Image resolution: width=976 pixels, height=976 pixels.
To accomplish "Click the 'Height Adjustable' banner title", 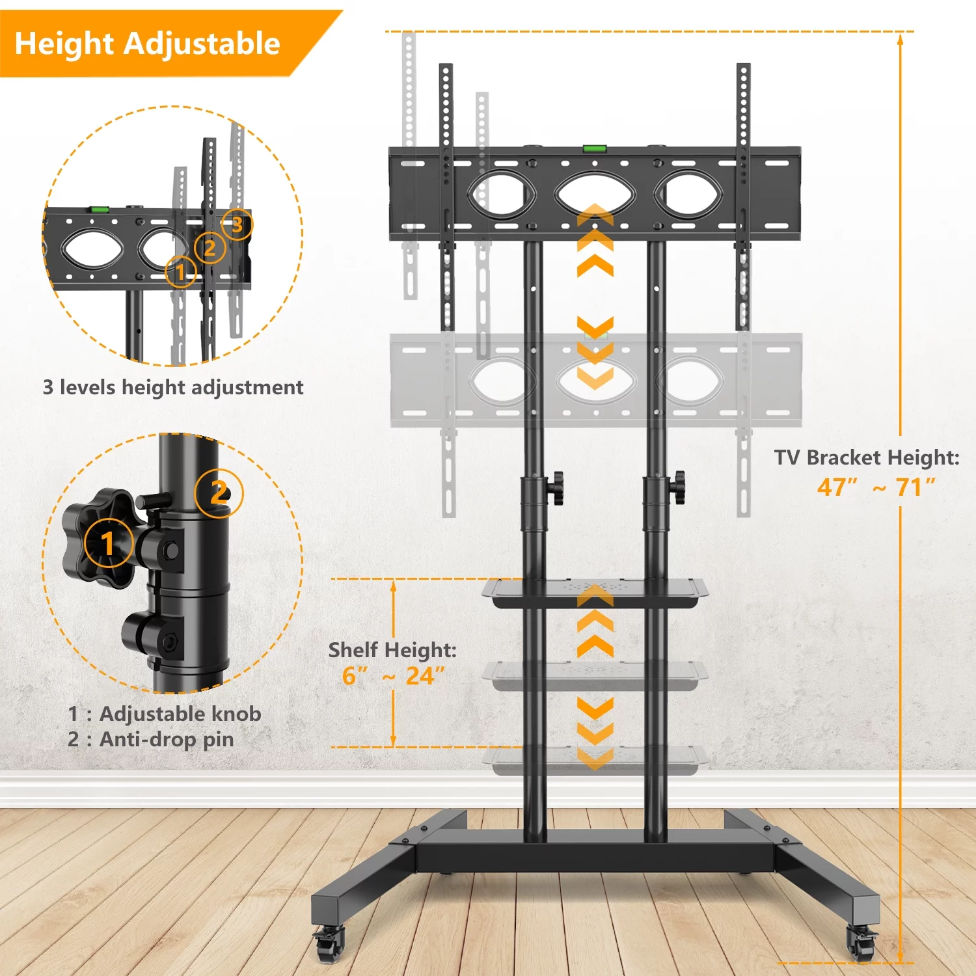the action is click(x=147, y=44).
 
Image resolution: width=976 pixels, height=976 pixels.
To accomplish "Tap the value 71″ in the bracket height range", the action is click(x=915, y=487).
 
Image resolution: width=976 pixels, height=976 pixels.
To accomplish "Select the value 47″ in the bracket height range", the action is click(x=837, y=487).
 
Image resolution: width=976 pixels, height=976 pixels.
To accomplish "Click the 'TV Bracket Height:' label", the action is click(x=867, y=457).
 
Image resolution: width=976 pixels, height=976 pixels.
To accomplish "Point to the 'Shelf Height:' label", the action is click(x=392, y=650).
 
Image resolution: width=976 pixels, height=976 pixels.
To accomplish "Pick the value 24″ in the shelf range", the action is click(x=426, y=676).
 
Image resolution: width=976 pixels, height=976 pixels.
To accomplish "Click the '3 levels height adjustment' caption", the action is click(x=173, y=387).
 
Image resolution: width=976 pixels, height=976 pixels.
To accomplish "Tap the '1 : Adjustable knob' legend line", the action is click(x=165, y=714).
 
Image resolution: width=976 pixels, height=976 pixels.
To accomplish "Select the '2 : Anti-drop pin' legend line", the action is click(x=151, y=740).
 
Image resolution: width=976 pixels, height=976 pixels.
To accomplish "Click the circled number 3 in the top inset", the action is click(x=237, y=224).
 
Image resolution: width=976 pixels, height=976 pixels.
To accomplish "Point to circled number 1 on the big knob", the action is click(x=109, y=543).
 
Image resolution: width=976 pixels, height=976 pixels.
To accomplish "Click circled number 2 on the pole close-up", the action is click(x=219, y=493).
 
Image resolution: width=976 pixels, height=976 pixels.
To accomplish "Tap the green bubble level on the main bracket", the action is click(x=593, y=149).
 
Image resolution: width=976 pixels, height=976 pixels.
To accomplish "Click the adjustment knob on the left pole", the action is click(x=556, y=488).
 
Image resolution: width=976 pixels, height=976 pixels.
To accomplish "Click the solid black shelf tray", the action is click(x=595, y=593).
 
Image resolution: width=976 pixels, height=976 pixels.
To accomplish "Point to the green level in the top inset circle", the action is click(x=100, y=210).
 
